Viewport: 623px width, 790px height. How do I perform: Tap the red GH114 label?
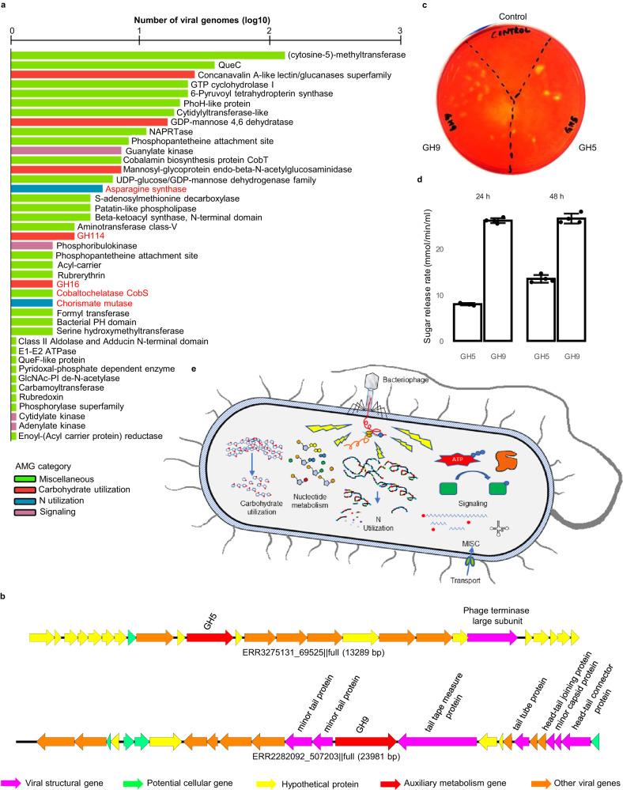point(87,236)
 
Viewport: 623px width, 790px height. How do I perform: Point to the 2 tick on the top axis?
point(270,30)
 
